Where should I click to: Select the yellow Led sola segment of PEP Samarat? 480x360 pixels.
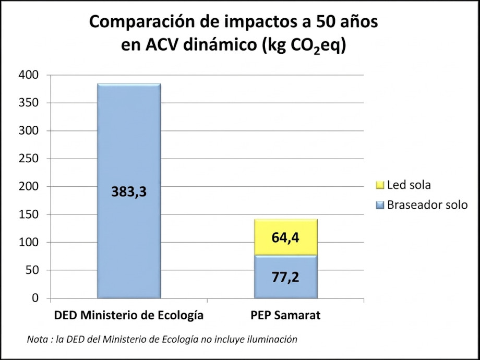point(285,230)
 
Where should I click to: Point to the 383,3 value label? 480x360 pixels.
point(129,192)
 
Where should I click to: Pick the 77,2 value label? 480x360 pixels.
point(285,277)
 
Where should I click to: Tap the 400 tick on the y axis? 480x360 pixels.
point(29,75)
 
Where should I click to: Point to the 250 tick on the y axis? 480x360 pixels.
point(29,159)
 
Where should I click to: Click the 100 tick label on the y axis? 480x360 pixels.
point(29,242)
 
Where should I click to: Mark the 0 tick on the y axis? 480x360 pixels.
point(35,298)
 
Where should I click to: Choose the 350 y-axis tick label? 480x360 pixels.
point(29,103)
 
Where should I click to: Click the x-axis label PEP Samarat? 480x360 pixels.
point(285,316)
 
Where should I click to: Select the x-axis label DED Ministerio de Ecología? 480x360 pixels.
point(129,316)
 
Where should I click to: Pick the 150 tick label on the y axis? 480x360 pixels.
point(29,214)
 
